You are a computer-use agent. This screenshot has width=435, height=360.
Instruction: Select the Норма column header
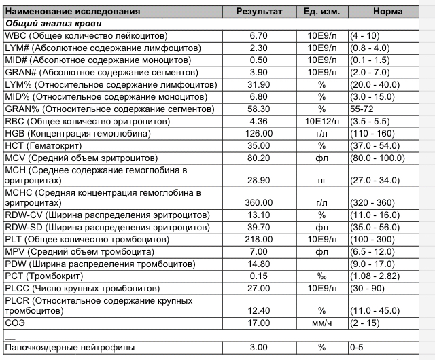point(387,12)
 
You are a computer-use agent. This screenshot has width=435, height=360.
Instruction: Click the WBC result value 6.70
point(260,35)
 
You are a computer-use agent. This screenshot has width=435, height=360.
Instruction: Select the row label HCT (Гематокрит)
point(42,146)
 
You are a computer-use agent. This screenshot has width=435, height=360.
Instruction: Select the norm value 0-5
point(356,348)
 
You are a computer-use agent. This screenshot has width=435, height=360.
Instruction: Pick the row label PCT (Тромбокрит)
point(43,276)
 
